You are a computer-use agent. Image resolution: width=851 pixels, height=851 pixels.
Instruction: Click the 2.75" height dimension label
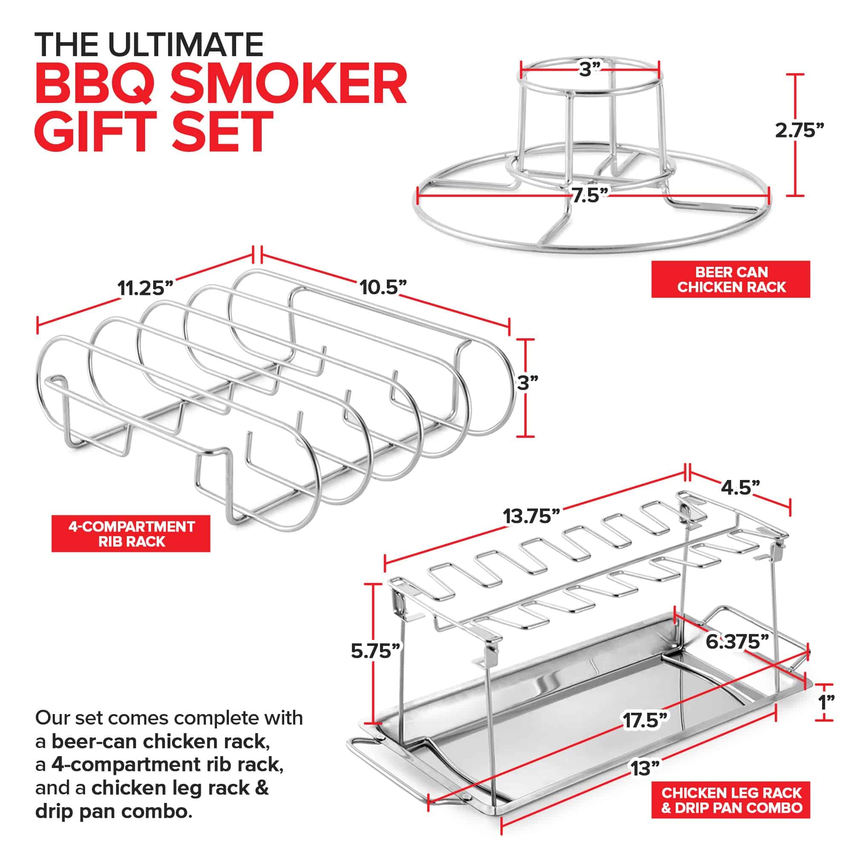[799, 130]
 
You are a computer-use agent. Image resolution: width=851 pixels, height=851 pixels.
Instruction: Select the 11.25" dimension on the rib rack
[146, 288]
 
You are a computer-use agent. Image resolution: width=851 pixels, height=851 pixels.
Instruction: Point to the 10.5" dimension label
[383, 288]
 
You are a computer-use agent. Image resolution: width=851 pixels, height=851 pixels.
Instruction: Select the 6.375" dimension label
[737, 642]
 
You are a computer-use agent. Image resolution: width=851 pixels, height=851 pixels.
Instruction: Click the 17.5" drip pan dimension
[646, 721]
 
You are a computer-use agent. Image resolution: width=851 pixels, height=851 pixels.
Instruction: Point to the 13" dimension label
[645, 768]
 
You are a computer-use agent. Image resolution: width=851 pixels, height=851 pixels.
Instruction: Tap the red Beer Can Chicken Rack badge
[731, 279]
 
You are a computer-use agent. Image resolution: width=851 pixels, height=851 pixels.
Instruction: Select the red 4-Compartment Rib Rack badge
[131, 534]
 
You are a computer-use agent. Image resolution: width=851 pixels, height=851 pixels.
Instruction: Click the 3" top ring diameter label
[590, 69]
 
